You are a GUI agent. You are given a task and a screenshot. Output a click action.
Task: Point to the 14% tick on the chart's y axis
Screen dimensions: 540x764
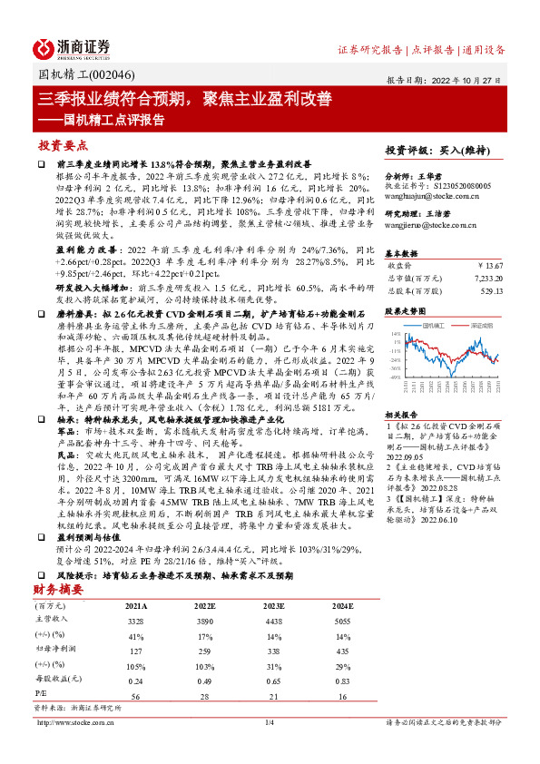coord(395,334)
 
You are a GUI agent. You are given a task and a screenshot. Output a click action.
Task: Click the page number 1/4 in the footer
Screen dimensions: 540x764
coord(269,722)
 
